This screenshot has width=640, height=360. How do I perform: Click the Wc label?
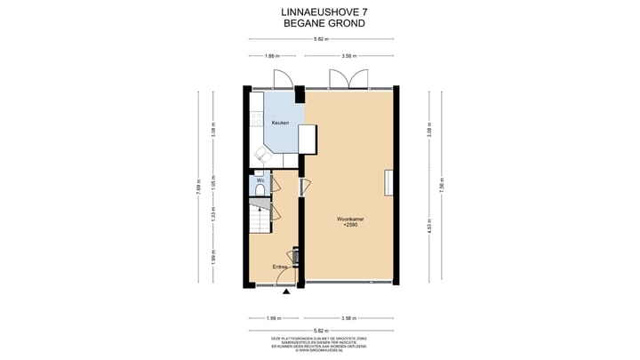[260, 180]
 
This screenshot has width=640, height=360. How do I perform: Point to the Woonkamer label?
[349, 219]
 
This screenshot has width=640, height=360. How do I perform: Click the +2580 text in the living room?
[349, 226]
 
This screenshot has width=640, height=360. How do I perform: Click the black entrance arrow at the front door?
[285, 291]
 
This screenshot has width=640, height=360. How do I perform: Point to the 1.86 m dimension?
[273, 57]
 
